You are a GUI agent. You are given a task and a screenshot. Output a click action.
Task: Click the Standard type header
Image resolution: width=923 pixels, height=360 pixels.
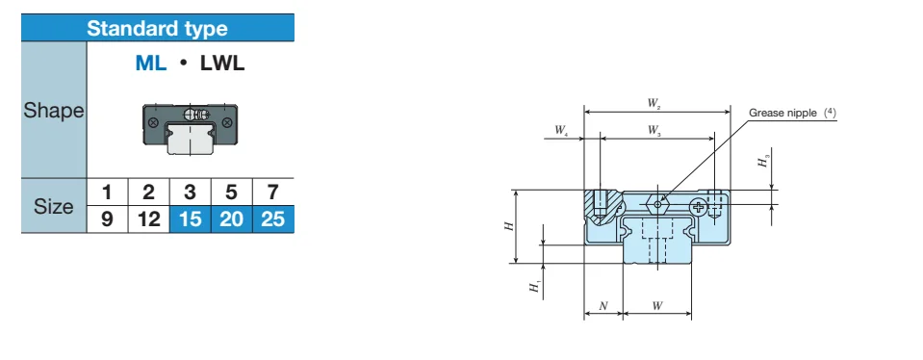pos(157,28)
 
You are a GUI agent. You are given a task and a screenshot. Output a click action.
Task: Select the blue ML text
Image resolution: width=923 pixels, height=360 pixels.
pos(151,63)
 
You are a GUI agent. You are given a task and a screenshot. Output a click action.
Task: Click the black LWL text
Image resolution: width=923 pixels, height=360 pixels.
pos(222,63)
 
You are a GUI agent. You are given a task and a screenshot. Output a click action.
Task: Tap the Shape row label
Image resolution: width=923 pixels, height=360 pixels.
pos(54,110)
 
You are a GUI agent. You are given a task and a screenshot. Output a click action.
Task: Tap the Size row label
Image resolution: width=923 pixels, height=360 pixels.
pos(54,206)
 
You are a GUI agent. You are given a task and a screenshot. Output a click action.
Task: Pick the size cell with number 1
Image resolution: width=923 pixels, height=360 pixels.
pos(107,192)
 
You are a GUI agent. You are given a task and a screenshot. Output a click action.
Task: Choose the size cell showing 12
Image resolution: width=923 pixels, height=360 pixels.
pos(148,219)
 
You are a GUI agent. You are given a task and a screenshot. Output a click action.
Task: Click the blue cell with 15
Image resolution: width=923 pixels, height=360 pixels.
pos(190,219)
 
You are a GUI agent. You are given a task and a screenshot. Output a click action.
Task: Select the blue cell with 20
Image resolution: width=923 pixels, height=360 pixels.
pos(231,219)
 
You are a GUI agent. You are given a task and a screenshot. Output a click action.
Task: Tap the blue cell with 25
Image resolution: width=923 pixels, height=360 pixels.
pos(272,219)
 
